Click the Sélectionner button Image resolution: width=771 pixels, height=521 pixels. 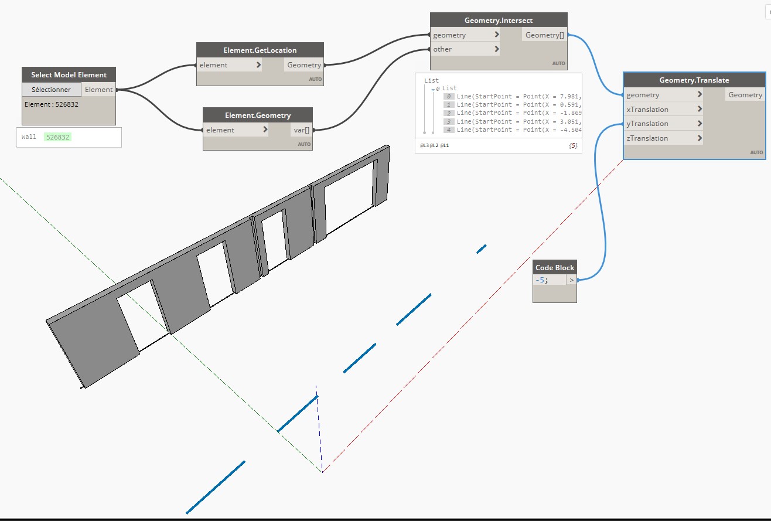(52, 90)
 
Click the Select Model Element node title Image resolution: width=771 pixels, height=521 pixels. (69, 74)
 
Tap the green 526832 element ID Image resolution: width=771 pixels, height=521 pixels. (58, 137)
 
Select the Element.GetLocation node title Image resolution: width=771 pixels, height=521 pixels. (260, 50)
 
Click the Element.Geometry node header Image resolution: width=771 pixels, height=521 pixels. (257, 115)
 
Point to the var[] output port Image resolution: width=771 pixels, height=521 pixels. (302, 130)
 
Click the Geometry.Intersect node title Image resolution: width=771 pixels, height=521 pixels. (498, 21)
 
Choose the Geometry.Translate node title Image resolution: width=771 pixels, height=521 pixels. (694, 80)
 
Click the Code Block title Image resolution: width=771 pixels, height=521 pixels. (554, 268)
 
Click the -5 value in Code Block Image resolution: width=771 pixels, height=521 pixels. (541, 280)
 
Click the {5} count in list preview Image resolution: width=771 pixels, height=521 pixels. (572, 145)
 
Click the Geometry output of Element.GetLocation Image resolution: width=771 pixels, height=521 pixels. (303, 65)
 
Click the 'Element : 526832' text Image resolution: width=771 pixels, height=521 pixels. (52, 104)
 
